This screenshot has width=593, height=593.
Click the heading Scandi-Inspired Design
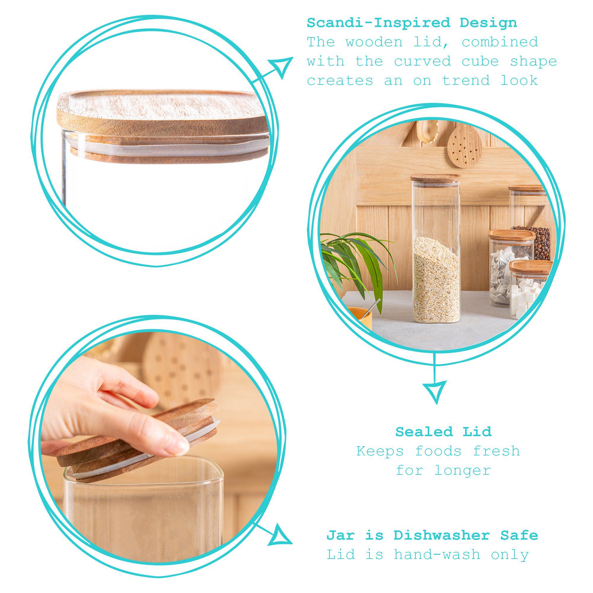tap(412, 23)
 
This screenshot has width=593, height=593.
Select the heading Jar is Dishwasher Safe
tap(432, 535)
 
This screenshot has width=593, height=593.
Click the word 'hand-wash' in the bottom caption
tap(437, 555)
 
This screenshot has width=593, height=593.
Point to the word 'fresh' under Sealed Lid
tap(496, 451)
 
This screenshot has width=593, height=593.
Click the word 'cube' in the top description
tap(480, 61)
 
